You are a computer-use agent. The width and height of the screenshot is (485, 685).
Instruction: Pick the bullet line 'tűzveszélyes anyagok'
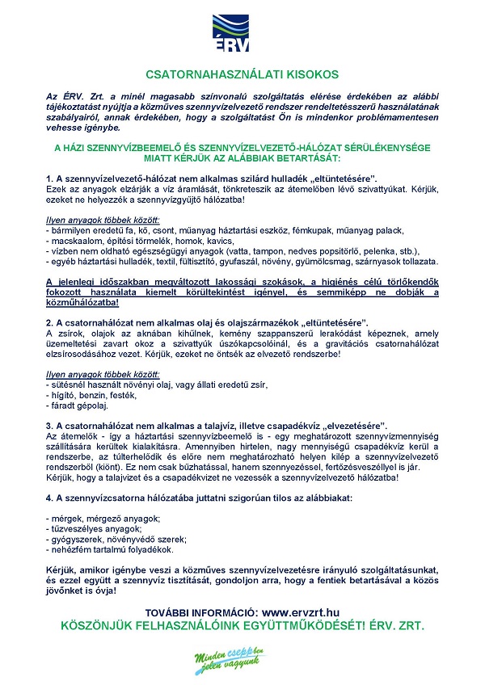(95, 528)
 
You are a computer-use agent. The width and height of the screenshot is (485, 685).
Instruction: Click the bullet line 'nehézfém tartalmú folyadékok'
(111, 548)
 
